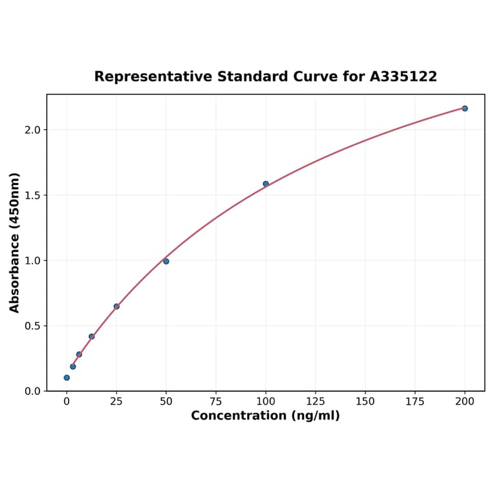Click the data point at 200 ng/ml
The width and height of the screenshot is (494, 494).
(x=465, y=109)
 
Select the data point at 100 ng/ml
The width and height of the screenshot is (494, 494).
(x=266, y=184)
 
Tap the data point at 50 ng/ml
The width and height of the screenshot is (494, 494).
(x=166, y=261)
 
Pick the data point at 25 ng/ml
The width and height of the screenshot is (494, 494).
(x=116, y=306)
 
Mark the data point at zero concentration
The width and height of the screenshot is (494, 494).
(x=67, y=378)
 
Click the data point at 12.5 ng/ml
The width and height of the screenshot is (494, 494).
(x=92, y=336)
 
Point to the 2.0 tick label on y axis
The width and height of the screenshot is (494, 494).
(x=33, y=130)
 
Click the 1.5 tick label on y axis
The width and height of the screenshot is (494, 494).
(x=33, y=195)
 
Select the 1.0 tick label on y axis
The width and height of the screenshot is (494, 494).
(x=33, y=261)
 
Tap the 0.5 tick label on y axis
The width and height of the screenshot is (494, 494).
(x=33, y=326)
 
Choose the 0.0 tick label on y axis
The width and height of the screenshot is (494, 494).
(x=33, y=391)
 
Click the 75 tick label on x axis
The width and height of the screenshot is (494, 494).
(x=216, y=402)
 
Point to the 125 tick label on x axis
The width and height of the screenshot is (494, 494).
(x=316, y=402)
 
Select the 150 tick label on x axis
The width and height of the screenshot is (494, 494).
(x=365, y=402)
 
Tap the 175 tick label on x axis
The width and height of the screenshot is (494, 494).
(x=415, y=402)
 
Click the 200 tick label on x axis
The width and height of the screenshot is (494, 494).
(x=465, y=402)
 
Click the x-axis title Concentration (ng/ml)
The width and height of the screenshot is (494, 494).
(x=265, y=416)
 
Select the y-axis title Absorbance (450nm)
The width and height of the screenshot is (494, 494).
(x=15, y=242)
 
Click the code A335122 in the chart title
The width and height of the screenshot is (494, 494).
(x=403, y=77)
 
